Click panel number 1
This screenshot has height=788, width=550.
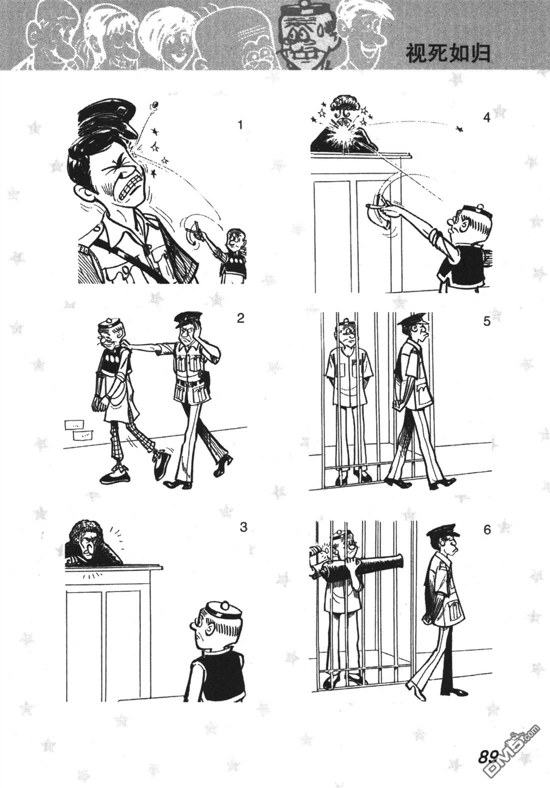click(x=240, y=124)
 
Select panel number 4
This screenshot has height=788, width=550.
click(x=487, y=117)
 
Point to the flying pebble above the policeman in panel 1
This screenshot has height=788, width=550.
click(x=154, y=105)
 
